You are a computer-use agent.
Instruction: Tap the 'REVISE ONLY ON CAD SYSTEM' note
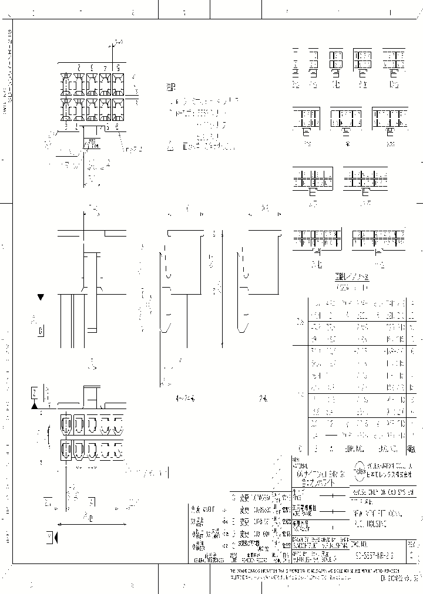(x=382, y=491)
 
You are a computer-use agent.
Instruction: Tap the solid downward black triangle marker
(x=41, y=298)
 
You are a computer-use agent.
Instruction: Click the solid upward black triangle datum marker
(x=35, y=405)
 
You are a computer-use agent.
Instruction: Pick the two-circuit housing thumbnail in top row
(x=296, y=62)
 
